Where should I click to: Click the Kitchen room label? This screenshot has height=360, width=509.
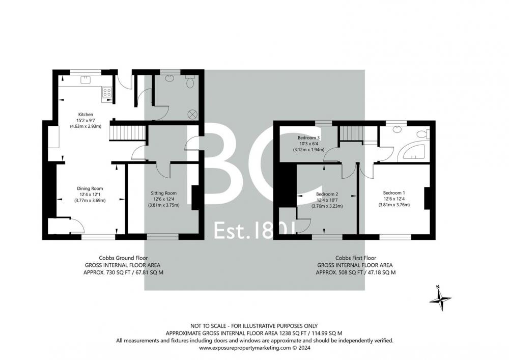(86, 114)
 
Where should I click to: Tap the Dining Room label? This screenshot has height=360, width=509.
(90, 188)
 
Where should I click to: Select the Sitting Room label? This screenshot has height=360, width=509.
(163, 193)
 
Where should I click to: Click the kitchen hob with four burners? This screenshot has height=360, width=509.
(107, 92)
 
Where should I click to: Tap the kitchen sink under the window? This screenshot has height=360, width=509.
(86, 79)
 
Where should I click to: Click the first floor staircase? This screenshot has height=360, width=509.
(350, 133)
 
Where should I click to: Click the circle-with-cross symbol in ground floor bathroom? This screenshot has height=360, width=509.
(192, 114)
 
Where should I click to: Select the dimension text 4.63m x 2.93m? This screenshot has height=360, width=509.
(86, 126)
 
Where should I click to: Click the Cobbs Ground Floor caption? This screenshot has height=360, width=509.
(123, 258)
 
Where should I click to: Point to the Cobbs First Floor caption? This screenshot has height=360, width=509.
(356, 258)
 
